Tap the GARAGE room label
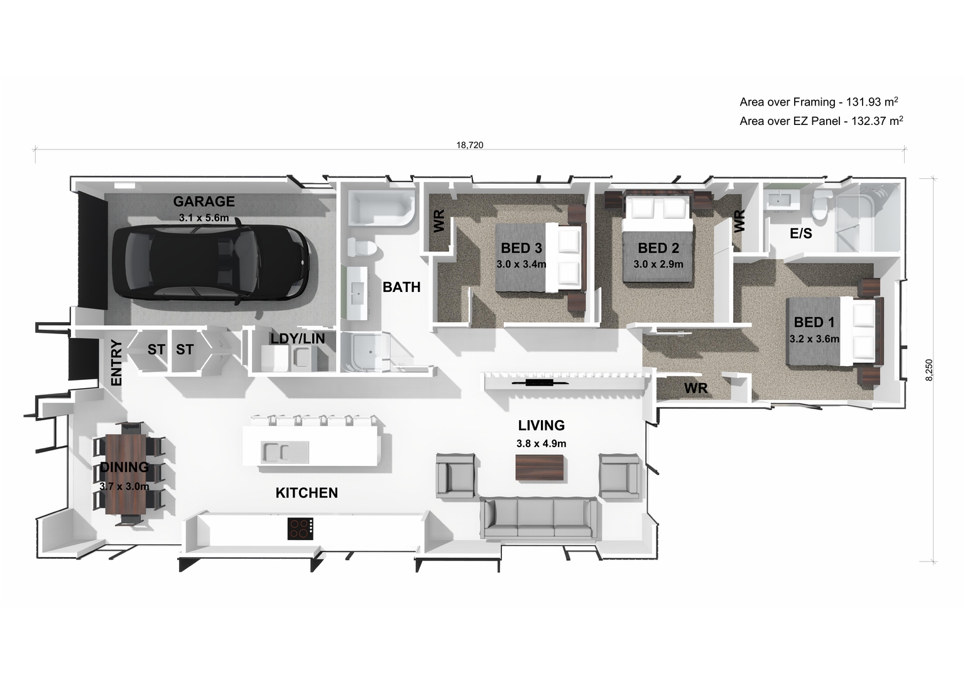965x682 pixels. (204, 202)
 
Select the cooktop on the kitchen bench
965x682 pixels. (301, 528)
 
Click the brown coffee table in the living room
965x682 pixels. (540, 468)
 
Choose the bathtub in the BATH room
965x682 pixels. (381, 210)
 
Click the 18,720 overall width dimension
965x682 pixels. (469, 145)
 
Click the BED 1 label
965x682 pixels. (814, 323)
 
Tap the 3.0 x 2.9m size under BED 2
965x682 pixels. (658, 264)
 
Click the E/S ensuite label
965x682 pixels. (800, 234)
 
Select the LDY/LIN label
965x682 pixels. (297, 338)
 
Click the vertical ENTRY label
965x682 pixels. (116, 362)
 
